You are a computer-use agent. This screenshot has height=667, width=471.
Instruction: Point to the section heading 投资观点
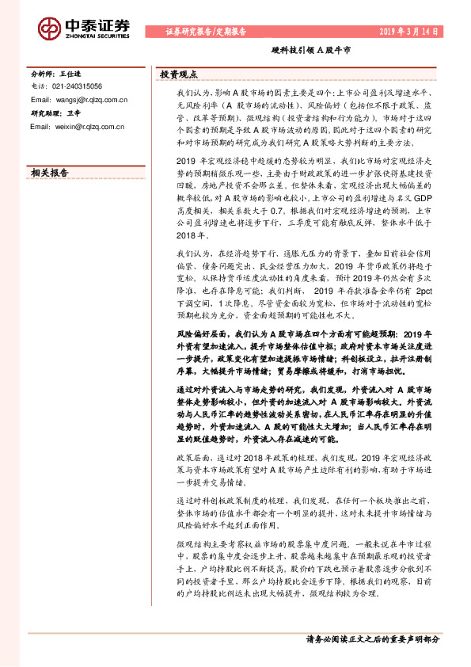(178, 74)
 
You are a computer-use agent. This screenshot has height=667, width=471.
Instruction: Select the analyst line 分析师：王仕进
(55, 72)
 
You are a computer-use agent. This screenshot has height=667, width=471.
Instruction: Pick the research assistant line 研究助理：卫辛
(55, 113)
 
